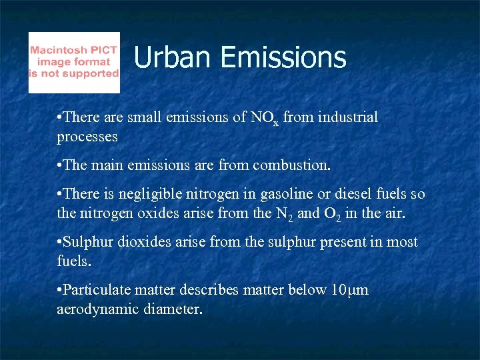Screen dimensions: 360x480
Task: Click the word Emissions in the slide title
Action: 283,57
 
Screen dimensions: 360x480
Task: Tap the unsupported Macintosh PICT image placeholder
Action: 74,63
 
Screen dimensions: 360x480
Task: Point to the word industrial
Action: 346,117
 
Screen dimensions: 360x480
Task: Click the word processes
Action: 87,137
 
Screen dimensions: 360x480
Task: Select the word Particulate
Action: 96,290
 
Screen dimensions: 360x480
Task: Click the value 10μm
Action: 349,290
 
